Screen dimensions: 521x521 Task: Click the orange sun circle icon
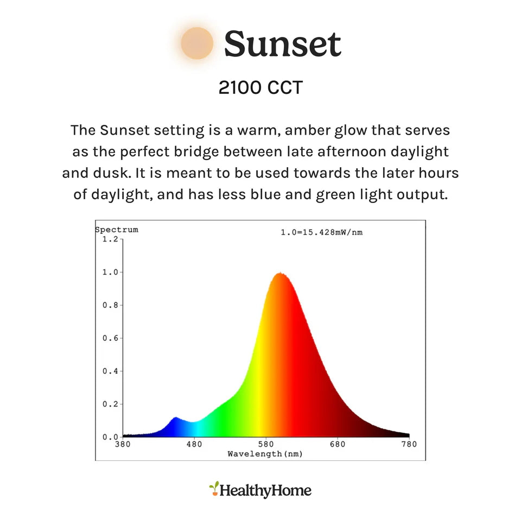click(197, 43)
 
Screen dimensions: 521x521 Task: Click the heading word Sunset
click(283, 44)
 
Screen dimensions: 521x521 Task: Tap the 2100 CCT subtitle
click(260, 88)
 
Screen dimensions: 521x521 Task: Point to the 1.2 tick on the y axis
click(110, 239)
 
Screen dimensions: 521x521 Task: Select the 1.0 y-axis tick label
click(110, 272)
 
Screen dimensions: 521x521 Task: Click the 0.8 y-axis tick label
click(110, 305)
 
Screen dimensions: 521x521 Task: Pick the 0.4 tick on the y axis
click(110, 371)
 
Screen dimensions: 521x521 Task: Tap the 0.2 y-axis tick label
click(110, 404)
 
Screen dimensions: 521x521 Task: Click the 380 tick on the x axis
click(123, 444)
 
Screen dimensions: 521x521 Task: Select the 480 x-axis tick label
click(194, 444)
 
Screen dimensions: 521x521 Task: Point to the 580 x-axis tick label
click(266, 444)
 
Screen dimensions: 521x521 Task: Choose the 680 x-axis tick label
click(338, 444)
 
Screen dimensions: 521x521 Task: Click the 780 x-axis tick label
click(409, 444)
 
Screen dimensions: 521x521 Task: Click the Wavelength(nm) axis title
click(265, 454)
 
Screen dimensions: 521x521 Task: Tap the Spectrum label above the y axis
click(117, 230)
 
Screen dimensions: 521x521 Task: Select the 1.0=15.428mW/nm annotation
click(322, 232)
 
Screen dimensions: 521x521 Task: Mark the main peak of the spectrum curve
click(280, 273)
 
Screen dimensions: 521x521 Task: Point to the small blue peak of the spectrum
click(175, 418)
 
